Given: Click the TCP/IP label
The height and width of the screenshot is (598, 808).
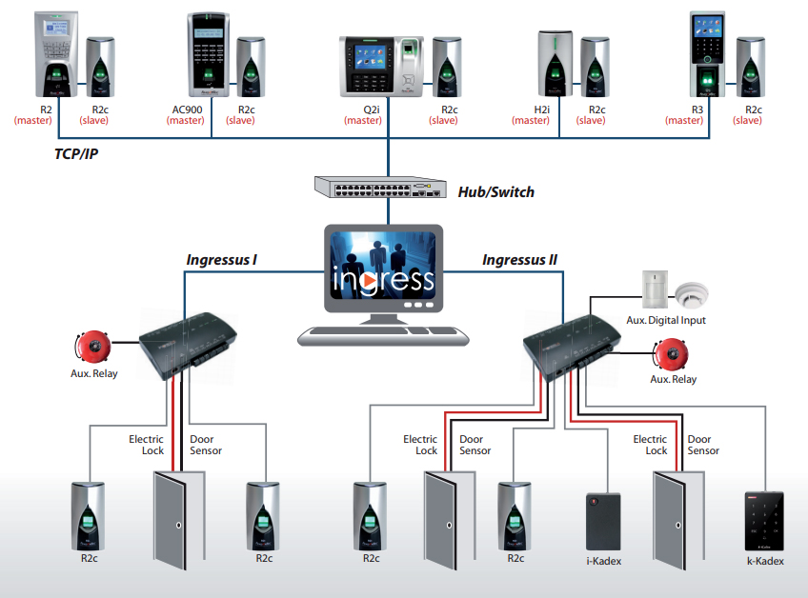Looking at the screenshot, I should (77, 152).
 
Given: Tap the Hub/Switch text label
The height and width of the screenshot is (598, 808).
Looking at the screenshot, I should (496, 192).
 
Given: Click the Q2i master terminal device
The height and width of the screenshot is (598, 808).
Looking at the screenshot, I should (382, 67).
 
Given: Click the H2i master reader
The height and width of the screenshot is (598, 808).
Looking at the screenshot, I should (554, 63).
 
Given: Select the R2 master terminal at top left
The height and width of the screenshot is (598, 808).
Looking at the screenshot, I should (53, 52).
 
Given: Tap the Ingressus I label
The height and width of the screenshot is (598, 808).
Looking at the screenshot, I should (221, 259).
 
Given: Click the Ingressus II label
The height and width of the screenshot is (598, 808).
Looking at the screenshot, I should (519, 259).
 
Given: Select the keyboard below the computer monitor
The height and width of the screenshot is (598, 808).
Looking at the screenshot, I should (382, 334).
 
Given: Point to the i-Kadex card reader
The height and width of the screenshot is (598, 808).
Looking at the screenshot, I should (602, 520).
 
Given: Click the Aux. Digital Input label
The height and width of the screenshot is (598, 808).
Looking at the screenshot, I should (666, 321).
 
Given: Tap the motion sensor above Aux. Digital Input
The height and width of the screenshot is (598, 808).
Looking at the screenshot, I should (655, 288).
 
